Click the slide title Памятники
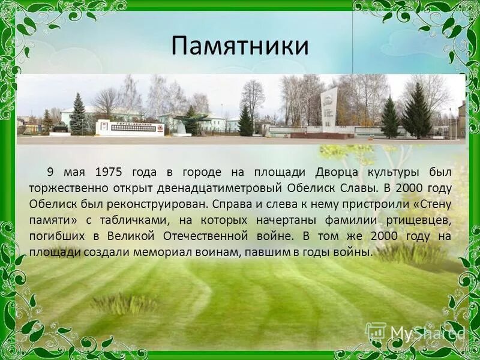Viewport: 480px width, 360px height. point(240,46)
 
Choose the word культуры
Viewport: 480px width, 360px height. point(413,172)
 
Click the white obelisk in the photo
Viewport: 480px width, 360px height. point(329,110)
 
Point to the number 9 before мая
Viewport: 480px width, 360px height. point(51,172)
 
